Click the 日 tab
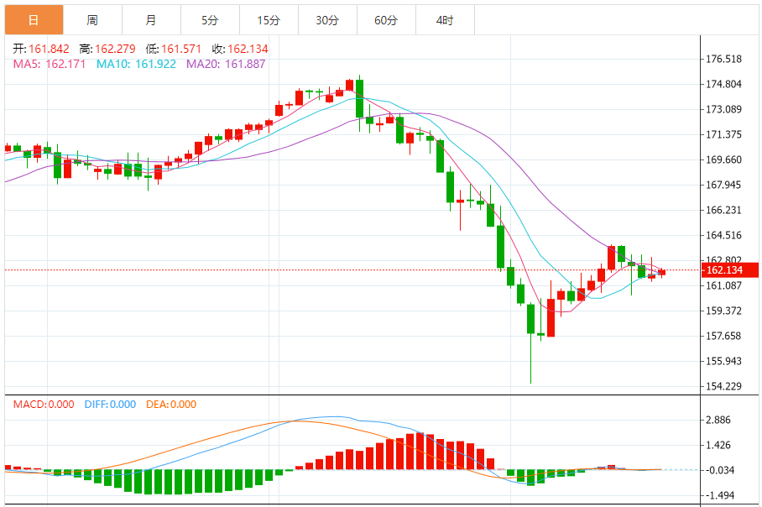tap(33, 19)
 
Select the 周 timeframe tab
tap(91, 19)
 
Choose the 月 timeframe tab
tap(150, 19)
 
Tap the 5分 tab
tap(210, 19)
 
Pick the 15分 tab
tap(269, 19)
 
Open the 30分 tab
tap(327, 19)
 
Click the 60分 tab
tap(386, 19)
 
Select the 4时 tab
tap(445, 19)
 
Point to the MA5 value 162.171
tap(65, 64)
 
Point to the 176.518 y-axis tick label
tap(723, 59)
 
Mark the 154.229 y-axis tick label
tap(723, 386)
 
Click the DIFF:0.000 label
tap(110, 405)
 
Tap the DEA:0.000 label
tap(171, 405)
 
